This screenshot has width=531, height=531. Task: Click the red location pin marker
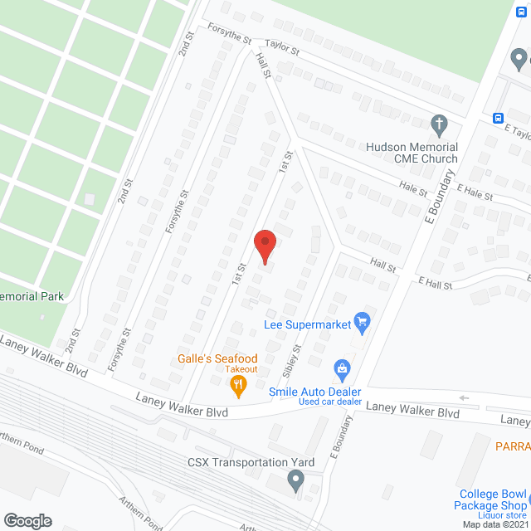(x=265, y=246)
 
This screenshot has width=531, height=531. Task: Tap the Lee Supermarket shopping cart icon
(x=361, y=320)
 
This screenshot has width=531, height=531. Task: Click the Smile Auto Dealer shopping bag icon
(x=341, y=368)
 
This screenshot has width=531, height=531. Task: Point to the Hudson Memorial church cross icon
(x=440, y=125)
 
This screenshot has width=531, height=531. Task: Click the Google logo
(x=27, y=520)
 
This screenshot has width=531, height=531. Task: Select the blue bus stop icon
(x=499, y=118)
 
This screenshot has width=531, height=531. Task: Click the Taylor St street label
(x=282, y=50)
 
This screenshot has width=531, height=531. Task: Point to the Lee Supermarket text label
(x=308, y=324)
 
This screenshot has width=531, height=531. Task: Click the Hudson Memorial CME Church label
(x=412, y=153)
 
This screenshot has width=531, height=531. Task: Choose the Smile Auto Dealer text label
(x=315, y=392)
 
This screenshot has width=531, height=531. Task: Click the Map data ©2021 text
(x=494, y=524)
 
